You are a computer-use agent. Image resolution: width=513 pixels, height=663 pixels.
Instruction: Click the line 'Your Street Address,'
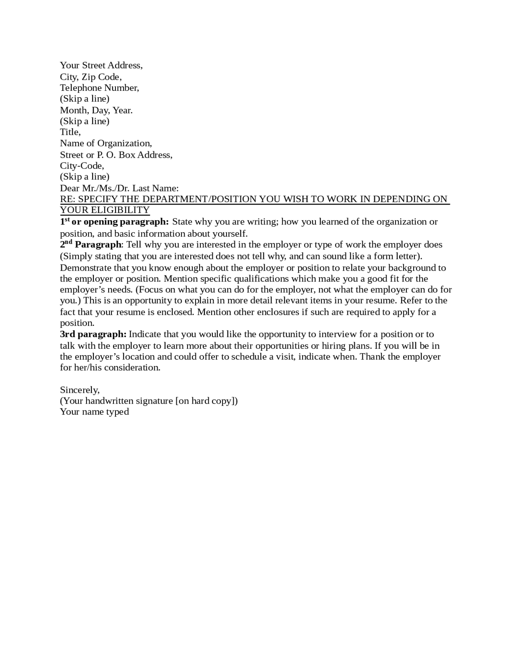[x=101, y=65]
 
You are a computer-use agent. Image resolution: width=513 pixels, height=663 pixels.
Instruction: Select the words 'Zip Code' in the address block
[x=100, y=76]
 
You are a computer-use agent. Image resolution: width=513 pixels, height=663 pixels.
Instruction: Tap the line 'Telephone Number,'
[x=99, y=88]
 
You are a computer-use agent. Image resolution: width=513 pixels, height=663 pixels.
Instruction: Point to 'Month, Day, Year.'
[x=96, y=110]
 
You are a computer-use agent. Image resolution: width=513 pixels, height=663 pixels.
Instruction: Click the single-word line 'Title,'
[x=70, y=132]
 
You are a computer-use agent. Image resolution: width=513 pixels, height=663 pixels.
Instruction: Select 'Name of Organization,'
[x=106, y=143]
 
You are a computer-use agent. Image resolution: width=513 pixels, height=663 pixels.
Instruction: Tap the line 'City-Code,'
[x=82, y=166]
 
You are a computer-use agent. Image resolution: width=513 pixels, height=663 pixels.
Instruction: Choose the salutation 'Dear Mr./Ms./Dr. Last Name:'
[x=119, y=188]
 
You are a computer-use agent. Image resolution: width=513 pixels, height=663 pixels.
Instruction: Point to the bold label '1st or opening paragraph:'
[x=114, y=222]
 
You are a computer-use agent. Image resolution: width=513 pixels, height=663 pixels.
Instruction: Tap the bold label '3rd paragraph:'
[x=93, y=334]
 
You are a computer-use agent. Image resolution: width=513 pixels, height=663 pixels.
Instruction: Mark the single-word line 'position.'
[x=77, y=323]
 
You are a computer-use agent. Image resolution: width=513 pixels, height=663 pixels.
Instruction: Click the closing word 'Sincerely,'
[x=80, y=390]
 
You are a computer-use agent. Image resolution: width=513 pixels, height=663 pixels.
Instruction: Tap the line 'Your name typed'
[x=94, y=412]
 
